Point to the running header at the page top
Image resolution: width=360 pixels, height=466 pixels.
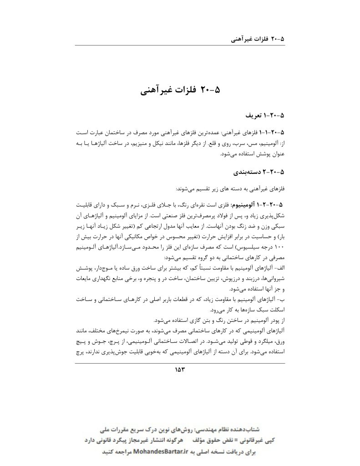[x=258, y=39]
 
